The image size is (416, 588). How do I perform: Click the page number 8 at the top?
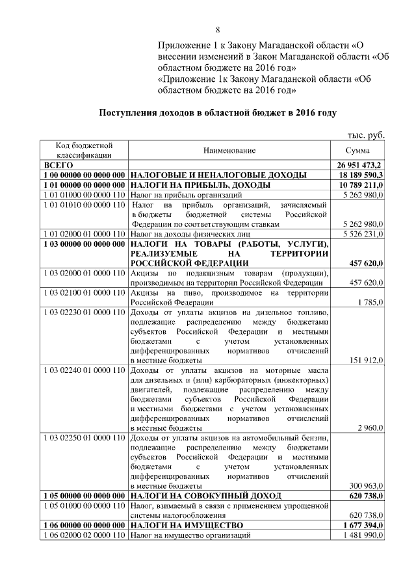218,30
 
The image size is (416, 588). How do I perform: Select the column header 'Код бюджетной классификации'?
84,150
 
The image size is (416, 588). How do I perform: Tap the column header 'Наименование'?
229,151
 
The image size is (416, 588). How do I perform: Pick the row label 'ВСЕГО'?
58,166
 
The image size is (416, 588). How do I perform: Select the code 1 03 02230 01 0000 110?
84,313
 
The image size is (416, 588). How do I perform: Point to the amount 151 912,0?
366,360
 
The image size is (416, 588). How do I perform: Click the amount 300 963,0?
366,485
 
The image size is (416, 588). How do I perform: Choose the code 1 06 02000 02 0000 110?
84,535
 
